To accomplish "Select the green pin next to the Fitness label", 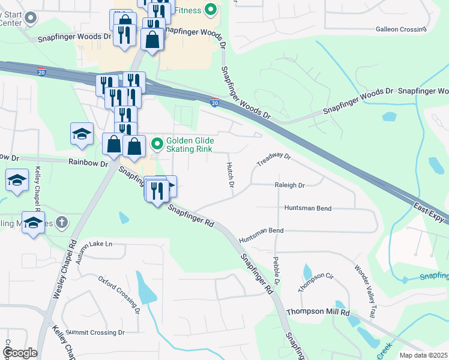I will point(210,9).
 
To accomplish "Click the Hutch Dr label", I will point(229,175).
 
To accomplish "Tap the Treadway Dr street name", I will point(274,160).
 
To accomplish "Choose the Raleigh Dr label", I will point(290,186).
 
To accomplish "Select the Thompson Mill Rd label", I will point(318,313).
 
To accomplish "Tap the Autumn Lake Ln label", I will point(93,245).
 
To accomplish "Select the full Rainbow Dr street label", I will point(88,163).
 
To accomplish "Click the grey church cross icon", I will point(61,223).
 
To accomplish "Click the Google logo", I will point(20,353).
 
